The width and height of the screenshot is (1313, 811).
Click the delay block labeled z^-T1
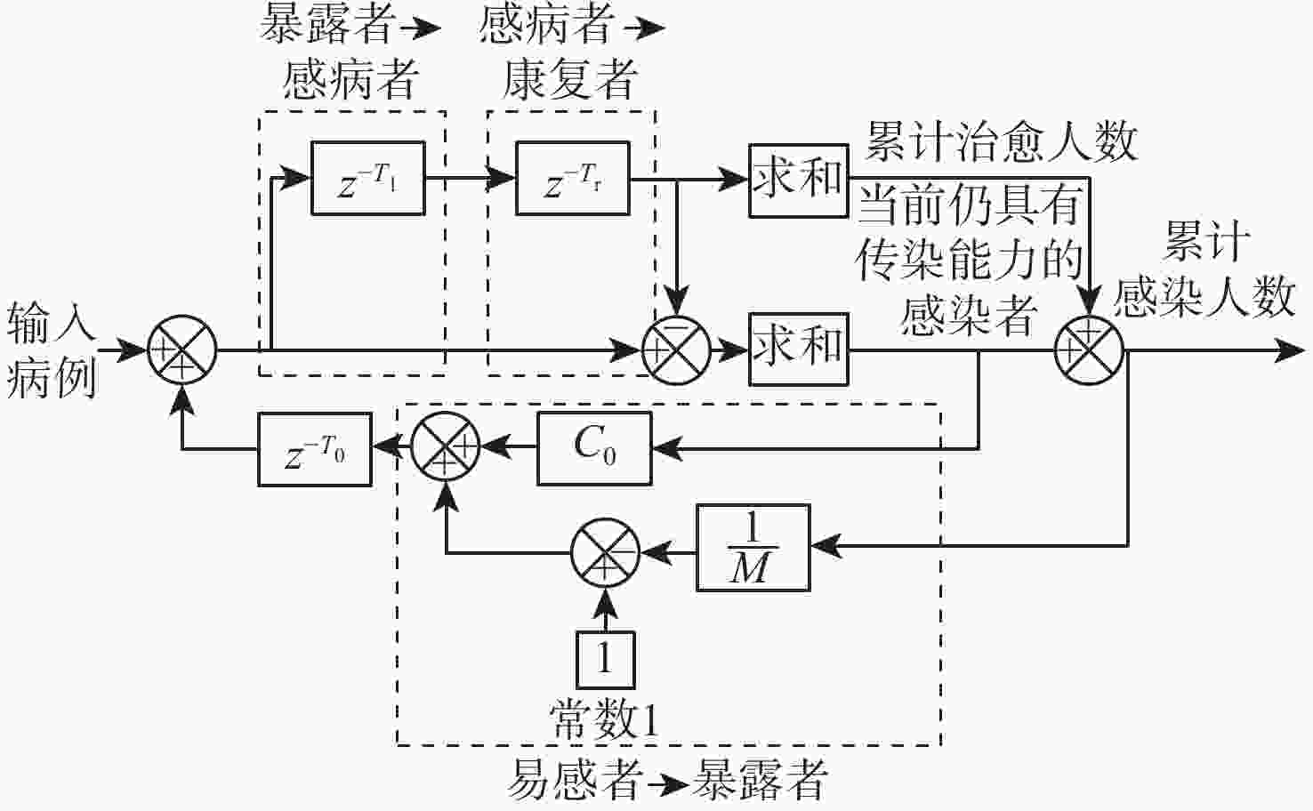click(367, 179)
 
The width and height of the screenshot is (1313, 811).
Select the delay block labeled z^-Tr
click(572, 179)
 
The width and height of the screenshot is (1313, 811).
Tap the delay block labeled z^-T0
click(314, 450)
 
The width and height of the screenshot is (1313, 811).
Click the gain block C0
click(594, 448)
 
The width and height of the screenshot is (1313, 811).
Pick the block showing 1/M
click(753, 548)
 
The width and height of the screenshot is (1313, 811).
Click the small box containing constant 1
click(606, 660)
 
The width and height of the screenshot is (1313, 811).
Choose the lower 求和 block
click(798, 349)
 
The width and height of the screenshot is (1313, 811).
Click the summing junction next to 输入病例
click(182, 350)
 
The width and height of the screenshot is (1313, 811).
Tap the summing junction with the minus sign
click(676, 350)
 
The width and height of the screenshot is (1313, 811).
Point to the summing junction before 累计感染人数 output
click(1089, 350)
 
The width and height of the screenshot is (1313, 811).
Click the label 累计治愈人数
click(1001, 142)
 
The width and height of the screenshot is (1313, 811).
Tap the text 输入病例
click(52, 350)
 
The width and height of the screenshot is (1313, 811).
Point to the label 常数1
click(605, 719)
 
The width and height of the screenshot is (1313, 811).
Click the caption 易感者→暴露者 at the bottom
click(667, 780)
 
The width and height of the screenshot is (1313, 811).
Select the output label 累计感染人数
click(1205, 269)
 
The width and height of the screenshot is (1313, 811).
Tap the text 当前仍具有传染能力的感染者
click(970, 260)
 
